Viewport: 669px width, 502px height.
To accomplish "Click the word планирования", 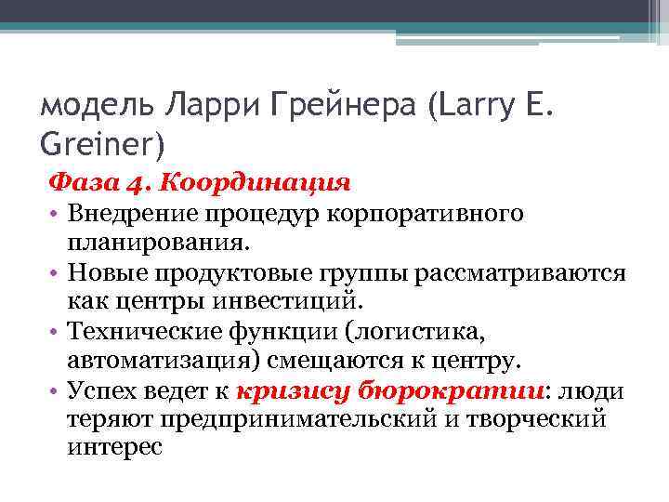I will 158,243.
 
